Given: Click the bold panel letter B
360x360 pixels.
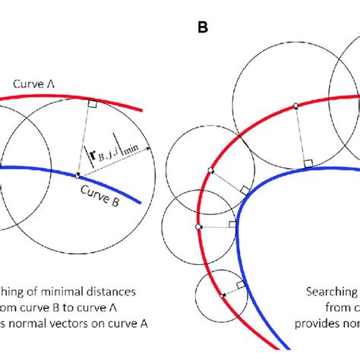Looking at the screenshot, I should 203,27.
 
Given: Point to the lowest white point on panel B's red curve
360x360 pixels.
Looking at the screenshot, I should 220,293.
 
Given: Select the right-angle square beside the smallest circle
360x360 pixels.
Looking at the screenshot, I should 240,285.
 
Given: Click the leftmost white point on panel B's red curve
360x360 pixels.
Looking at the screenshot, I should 198,226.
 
